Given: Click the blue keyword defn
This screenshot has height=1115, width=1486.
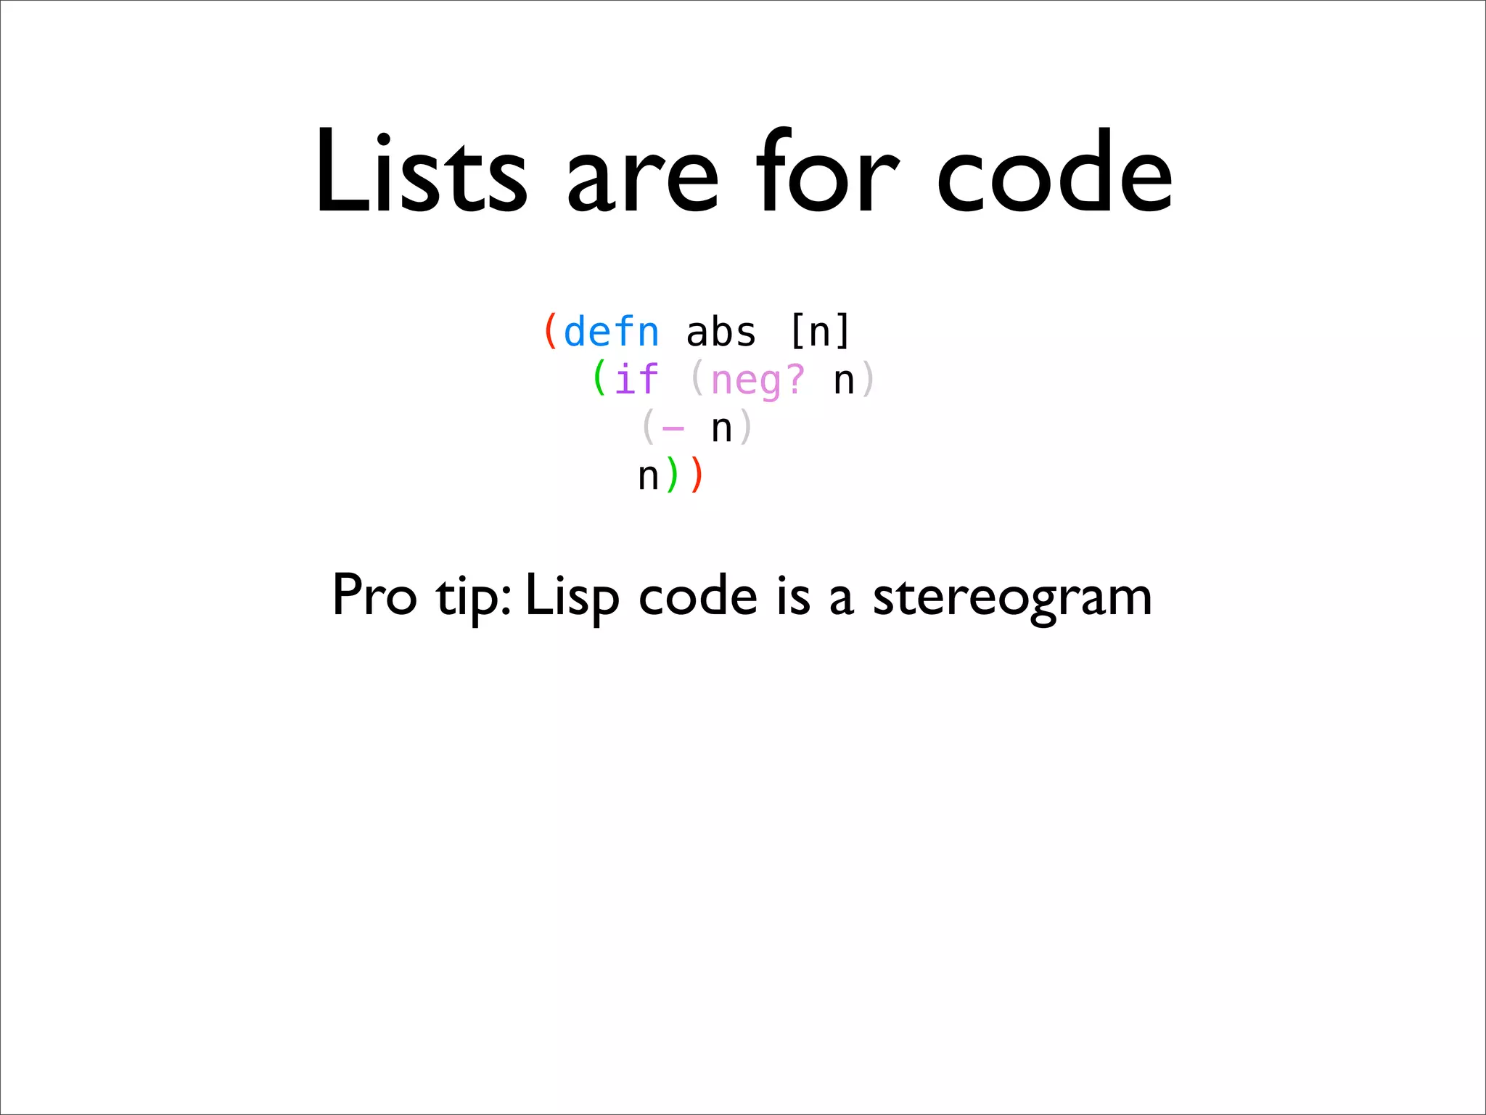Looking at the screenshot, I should click(611, 332).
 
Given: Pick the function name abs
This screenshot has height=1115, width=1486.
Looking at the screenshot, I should click(721, 332).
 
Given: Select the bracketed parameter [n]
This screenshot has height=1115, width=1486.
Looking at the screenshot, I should click(819, 332).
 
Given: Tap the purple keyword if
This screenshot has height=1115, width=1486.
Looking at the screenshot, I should click(636, 380).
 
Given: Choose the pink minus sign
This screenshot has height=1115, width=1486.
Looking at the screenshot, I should click(673, 428).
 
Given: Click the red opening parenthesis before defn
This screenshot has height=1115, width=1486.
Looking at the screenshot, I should click(551, 332).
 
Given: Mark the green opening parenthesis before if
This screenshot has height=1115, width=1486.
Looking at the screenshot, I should click(599, 379).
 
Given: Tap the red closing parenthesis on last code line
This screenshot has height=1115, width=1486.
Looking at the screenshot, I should click(697, 476).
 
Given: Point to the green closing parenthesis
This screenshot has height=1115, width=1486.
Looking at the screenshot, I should click(673, 476).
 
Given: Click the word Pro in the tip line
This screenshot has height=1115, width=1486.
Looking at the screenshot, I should click(374, 595).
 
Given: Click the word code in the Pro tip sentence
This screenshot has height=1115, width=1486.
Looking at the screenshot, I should click(698, 595).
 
